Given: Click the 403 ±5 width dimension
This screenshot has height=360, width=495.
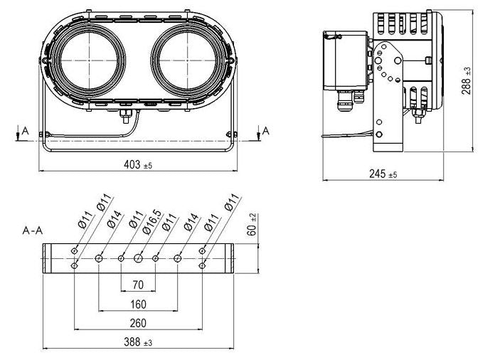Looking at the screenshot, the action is coord(138,164).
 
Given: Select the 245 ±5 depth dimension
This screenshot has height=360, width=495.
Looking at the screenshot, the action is coord(383,174).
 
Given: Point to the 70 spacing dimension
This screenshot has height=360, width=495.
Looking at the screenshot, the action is coord(138,285).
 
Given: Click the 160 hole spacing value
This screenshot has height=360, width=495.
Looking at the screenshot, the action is coord(138,305).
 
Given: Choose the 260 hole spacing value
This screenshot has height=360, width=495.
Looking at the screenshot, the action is coord(138,323).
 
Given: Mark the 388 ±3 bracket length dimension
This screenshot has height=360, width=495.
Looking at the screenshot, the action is coord(138,342).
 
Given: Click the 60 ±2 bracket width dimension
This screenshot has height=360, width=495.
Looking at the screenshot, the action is coord(252,225).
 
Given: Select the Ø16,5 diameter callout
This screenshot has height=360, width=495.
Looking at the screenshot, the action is coord(152,222).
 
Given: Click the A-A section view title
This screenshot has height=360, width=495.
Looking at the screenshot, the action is coord(33,231).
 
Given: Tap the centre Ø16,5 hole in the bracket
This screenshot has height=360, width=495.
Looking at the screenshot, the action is coord(138,259).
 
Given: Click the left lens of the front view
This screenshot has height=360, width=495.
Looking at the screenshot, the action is coord(89,60).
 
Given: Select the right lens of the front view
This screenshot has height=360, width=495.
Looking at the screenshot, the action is coord(188,60).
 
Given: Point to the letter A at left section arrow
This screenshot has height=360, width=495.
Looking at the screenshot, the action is coord(26,130).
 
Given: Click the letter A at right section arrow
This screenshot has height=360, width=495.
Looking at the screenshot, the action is coord(266,130).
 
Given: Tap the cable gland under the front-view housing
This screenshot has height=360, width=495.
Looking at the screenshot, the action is coord(126,115).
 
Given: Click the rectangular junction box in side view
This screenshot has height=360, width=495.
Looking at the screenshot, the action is coord(346,60).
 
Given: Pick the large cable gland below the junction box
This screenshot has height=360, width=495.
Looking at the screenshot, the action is coord(344,100).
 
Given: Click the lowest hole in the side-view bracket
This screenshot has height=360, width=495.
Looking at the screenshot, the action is coord(379,134).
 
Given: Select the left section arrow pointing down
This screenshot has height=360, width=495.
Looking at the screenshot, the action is coord(18,132).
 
